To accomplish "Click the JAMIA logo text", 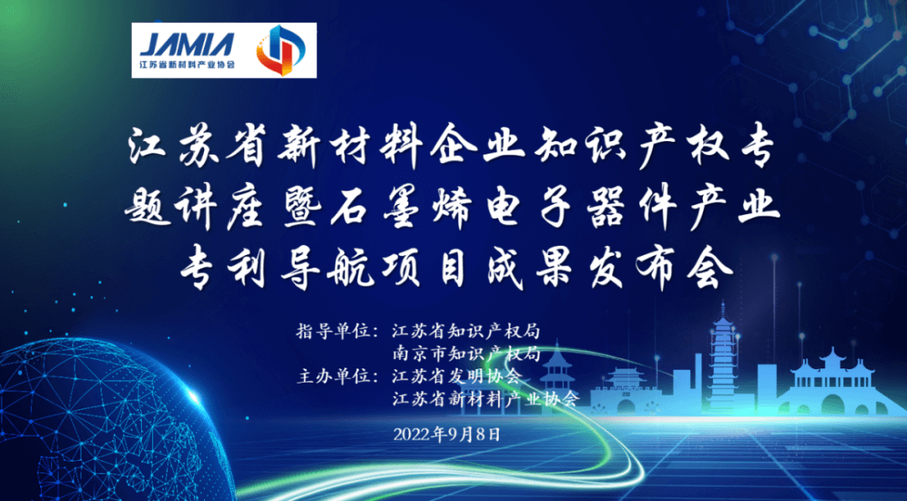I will [186, 43].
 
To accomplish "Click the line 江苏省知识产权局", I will [471, 329].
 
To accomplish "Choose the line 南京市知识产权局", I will [471, 352].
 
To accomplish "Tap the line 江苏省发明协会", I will [459, 376].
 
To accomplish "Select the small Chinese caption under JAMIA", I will [186, 64].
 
